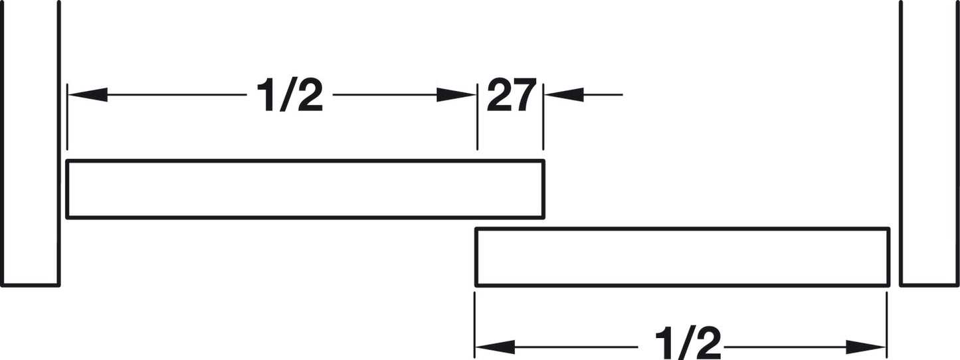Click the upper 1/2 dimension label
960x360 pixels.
(289, 95)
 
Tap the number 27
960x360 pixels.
(512, 94)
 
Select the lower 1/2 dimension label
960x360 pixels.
(688, 343)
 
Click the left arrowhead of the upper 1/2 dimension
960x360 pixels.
(88, 95)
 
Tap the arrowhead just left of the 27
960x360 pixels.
(456, 95)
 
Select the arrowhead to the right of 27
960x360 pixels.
(564, 95)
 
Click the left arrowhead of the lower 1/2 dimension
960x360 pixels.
(495, 347)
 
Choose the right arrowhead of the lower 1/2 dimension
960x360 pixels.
(866, 347)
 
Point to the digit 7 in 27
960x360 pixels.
(525, 95)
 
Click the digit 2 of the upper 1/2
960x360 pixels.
(310, 95)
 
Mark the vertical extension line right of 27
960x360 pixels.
(543, 117)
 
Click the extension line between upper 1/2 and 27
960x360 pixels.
(478, 117)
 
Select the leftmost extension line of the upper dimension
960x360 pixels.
(67, 117)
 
